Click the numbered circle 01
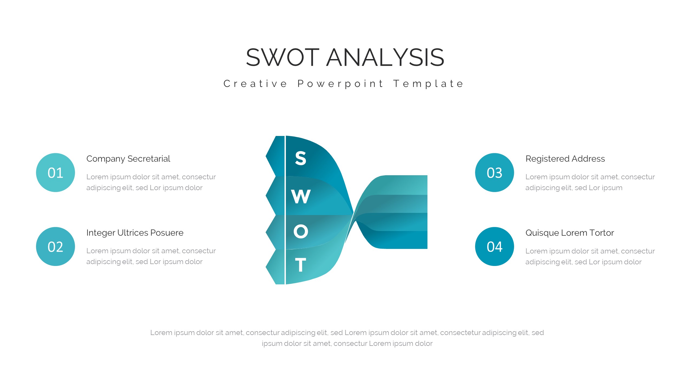click(x=55, y=173)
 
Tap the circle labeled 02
click(x=55, y=246)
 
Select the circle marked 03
click(x=495, y=173)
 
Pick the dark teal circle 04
click(x=495, y=246)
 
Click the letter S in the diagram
click(x=300, y=158)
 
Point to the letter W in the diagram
click(x=301, y=196)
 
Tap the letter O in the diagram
click(x=301, y=232)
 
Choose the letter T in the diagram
click(x=300, y=265)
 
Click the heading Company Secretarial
click(x=128, y=159)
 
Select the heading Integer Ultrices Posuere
click(x=135, y=233)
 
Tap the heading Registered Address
click(x=565, y=159)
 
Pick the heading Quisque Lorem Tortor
click(x=570, y=233)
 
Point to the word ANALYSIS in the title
click(x=385, y=57)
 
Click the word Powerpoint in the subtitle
click(x=341, y=84)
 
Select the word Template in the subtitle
click(x=429, y=84)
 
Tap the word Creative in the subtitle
click(x=255, y=84)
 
